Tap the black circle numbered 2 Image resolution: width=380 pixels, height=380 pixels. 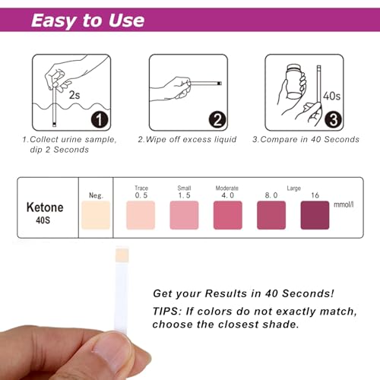click(x=216, y=119)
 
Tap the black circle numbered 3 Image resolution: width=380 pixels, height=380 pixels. click(x=333, y=119)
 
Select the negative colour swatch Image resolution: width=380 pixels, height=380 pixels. click(x=95, y=215)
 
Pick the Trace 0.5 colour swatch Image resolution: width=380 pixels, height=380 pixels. click(x=141, y=215)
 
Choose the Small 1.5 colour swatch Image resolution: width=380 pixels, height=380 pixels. click(x=183, y=215)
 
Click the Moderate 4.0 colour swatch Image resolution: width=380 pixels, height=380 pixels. click(x=227, y=215)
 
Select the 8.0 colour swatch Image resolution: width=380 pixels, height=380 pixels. click(x=271, y=215)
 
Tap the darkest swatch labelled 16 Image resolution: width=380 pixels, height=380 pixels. click(x=315, y=215)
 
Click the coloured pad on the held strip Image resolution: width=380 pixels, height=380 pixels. click(x=121, y=255)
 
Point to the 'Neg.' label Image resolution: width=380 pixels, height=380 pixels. click(x=95, y=195)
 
